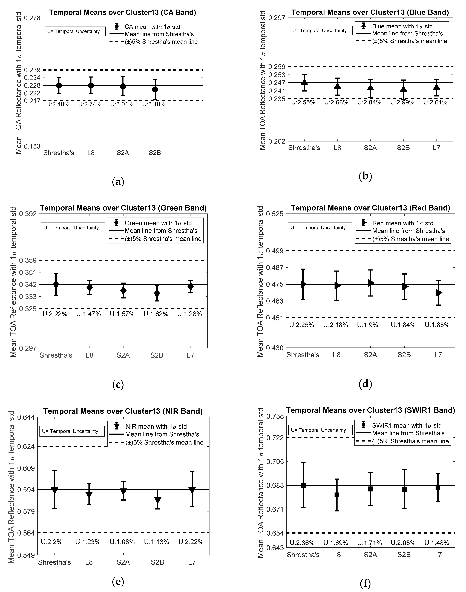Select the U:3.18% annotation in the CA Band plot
coord(154,104)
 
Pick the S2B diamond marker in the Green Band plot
coord(157,293)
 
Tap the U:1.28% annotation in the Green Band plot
coord(190,314)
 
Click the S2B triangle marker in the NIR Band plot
coord(158,500)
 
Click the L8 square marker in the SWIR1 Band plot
coord(337,495)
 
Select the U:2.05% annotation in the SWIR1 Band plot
coord(403,543)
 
